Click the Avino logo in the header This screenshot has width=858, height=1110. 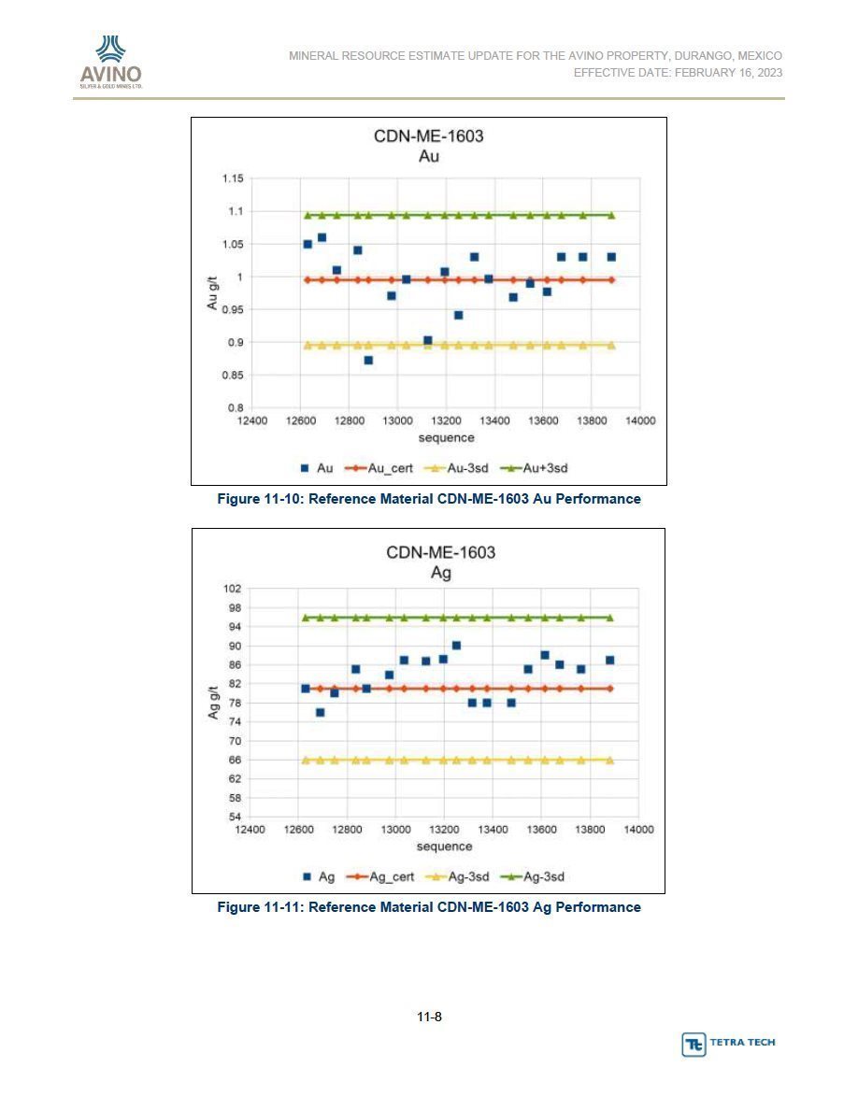point(111,62)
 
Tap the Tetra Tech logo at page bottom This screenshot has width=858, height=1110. point(728,1044)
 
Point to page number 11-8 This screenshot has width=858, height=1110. point(429,1017)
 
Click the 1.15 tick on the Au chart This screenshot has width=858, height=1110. point(233,178)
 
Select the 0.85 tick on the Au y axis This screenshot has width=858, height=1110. point(233,376)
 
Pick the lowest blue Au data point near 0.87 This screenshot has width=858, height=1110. point(368,361)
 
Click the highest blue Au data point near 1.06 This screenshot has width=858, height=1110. point(322,238)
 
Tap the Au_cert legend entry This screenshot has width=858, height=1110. point(379,468)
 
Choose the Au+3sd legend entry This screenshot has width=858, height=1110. point(534,468)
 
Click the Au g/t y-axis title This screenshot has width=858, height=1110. point(212,293)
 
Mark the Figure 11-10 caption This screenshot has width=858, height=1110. point(429,498)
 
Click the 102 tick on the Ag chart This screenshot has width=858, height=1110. point(232,589)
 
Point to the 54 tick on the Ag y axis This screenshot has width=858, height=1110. point(235,817)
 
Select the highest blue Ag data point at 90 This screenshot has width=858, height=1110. point(457,646)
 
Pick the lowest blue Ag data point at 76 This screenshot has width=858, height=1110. point(320,713)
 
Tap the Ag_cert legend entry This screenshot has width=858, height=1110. point(380,876)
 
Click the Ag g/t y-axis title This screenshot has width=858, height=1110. point(213,703)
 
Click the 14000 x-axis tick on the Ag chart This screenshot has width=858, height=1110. point(638,830)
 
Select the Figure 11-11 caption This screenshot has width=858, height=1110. point(429,907)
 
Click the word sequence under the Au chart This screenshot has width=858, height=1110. point(446,437)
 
